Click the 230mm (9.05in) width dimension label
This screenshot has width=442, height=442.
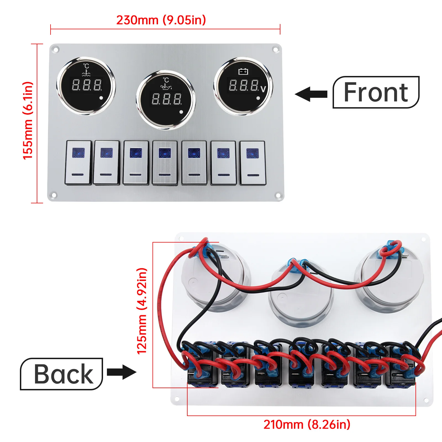(x=161, y=20)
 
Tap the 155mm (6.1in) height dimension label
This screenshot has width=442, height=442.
(x=28, y=121)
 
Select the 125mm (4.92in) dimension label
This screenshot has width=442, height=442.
(x=142, y=311)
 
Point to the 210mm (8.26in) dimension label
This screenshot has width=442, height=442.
(x=307, y=425)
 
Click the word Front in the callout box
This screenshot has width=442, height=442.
(x=376, y=93)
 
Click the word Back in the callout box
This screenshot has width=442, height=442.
(x=64, y=374)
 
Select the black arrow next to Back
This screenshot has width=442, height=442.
(x=122, y=372)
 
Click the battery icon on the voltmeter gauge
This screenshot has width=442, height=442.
(x=243, y=72)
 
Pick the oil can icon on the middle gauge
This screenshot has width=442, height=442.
(x=166, y=87)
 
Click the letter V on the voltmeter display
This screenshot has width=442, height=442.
(x=263, y=89)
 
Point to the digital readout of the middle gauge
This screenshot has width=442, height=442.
(x=167, y=99)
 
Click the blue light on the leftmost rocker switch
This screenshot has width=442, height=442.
(x=78, y=153)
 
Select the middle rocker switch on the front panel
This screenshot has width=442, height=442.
(x=165, y=163)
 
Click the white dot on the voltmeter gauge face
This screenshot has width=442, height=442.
(x=258, y=98)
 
